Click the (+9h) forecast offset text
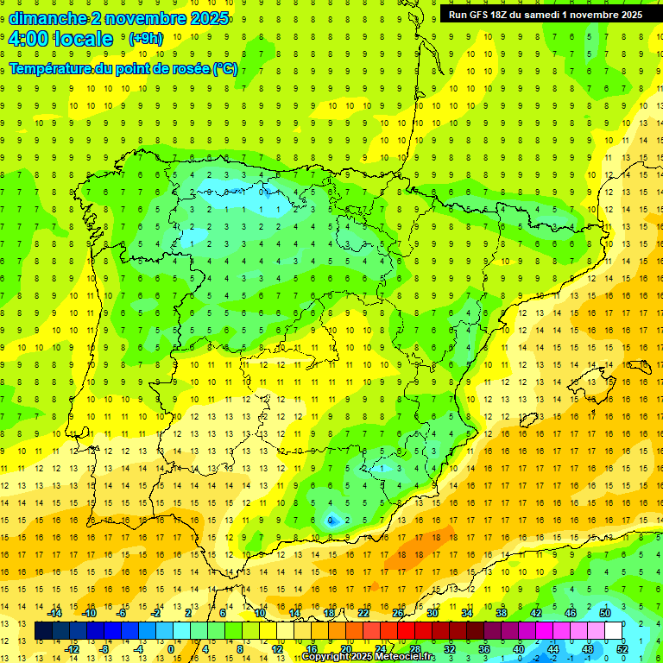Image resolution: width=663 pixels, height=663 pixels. (144, 39)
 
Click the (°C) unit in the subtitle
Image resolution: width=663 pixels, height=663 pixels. (225, 69)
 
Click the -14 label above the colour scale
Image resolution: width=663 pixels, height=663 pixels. (54, 613)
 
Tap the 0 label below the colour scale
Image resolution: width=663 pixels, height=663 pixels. (170, 649)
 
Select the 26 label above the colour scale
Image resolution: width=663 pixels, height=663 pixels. (398, 613)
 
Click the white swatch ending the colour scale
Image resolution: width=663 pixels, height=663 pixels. (613, 631)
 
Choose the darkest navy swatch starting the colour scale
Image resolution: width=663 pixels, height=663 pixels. (43, 631)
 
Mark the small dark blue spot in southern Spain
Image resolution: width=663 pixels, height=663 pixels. (331, 520)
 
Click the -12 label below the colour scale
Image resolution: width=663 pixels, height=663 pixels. (73, 649)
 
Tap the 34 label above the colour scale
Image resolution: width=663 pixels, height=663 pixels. (466, 613)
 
